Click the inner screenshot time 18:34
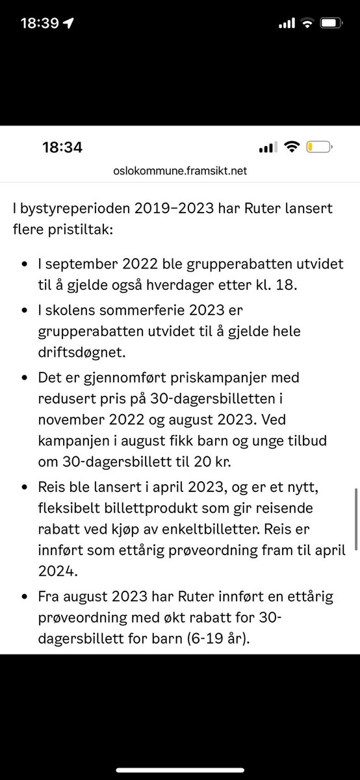click(x=62, y=148)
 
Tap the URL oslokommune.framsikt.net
click(x=179, y=172)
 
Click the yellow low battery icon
click(x=318, y=148)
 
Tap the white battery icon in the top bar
click(x=330, y=23)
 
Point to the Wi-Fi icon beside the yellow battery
click(x=292, y=148)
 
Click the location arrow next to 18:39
click(x=70, y=23)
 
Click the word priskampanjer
click(x=216, y=377)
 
